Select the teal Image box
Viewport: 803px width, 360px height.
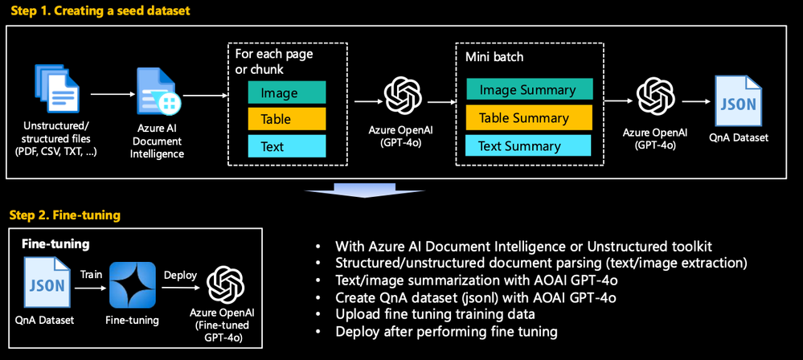(x=286, y=92)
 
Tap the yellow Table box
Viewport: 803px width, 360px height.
(x=286, y=119)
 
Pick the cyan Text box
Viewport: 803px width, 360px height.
(x=286, y=146)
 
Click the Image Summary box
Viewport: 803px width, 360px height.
(x=528, y=90)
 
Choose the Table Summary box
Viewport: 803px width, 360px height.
(x=528, y=118)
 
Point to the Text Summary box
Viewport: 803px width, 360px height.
(x=528, y=145)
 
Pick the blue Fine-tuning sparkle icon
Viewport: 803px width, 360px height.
(x=133, y=284)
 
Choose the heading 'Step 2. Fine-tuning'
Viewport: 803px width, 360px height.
(x=64, y=215)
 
